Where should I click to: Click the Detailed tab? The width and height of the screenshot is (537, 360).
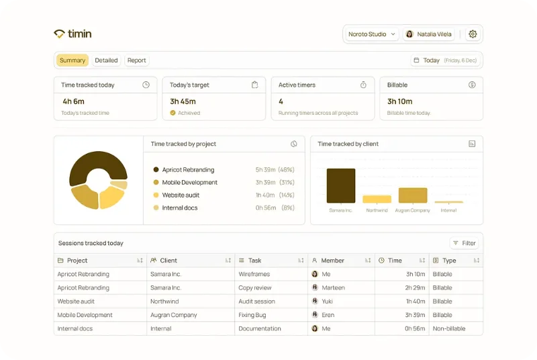pyautogui.click(x=106, y=60)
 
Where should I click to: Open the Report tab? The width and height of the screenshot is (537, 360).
pyautogui.click(x=137, y=60)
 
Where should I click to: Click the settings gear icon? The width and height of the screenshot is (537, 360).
pyautogui.click(x=473, y=34)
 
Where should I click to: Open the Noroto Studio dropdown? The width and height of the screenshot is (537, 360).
pyautogui.click(x=372, y=34)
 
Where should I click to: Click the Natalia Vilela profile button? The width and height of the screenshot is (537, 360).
pyautogui.click(x=428, y=34)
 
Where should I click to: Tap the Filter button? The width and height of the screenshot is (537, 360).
pyautogui.click(x=464, y=243)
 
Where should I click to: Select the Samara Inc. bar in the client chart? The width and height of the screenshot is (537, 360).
pyautogui.click(x=341, y=185)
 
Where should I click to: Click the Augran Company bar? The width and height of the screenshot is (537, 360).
pyautogui.click(x=413, y=195)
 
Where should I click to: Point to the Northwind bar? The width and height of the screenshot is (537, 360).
pyautogui.click(x=377, y=199)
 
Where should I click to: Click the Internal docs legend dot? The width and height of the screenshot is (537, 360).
pyautogui.click(x=156, y=208)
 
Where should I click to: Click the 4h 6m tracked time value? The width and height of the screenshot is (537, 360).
pyautogui.click(x=73, y=101)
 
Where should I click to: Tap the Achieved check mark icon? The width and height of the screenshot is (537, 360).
pyautogui.click(x=173, y=113)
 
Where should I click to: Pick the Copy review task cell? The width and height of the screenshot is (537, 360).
pyautogui.click(x=255, y=287)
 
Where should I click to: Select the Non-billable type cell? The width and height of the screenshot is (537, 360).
pyautogui.click(x=449, y=328)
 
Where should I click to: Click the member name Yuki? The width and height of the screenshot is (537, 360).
pyautogui.click(x=327, y=302)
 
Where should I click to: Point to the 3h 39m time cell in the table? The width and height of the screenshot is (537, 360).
pyautogui.click(x=415, y=315)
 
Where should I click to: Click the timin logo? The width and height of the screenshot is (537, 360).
pyautogui.click(x=72, y=34)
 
